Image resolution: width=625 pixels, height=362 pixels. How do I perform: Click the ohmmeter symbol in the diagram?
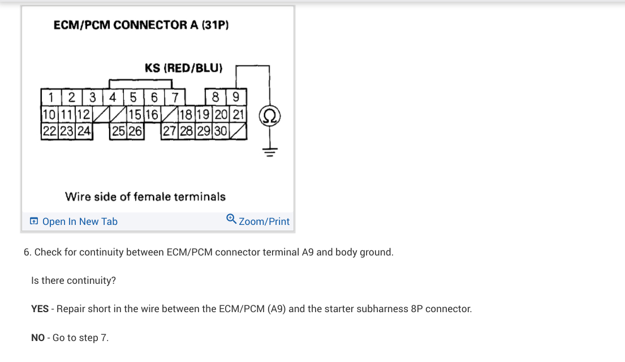tap(269, 117)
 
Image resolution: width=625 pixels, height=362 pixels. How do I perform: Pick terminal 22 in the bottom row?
tap(49, 131)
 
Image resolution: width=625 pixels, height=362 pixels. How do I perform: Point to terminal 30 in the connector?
tap(221, 131)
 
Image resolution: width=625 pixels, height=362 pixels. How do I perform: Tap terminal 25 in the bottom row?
tap(119, 131)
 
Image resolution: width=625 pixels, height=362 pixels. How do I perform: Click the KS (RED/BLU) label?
tap(184, 68)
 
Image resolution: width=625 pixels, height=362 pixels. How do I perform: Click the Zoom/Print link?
tap(264, 222)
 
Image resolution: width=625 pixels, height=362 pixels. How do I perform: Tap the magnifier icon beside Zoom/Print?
tap(231, 219)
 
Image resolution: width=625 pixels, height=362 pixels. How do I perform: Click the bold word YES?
tap(40, 309)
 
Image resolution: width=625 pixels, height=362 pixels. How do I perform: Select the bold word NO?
tap(38, 338)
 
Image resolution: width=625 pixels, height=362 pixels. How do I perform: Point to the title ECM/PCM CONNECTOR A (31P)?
tap(141, 25)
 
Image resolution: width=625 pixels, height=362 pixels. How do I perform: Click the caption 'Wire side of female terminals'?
tap(145, 197)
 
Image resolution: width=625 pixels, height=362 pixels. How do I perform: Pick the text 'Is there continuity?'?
tap(74, 280)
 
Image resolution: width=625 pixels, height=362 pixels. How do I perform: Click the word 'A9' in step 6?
tap(308, 252)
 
